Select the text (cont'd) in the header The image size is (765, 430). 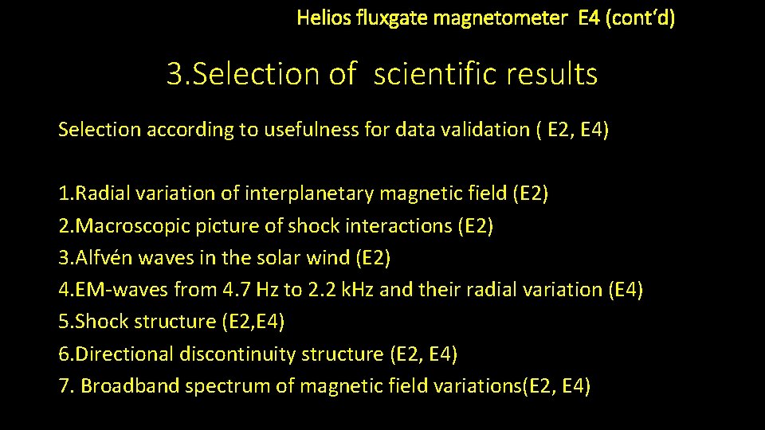coord(640,18)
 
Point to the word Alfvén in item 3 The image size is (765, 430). coord(100,258)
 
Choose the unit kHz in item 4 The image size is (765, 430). coord(358,290)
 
